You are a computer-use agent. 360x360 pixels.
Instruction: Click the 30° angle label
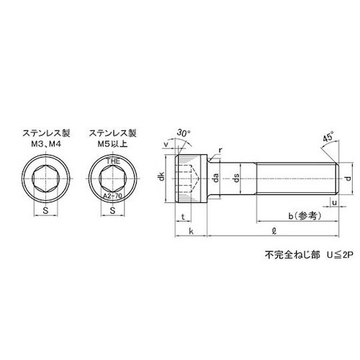pyautogui.click(x=183, y=135)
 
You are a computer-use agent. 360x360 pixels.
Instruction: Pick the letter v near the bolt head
pyautogui.click(x=168, y=143)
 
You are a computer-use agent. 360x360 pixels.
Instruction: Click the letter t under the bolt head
pyautogui.click(x=184, y=218)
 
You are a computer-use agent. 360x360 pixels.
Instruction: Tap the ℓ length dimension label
pyautogui.click(x=271, y=232)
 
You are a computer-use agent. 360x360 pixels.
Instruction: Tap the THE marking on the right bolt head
pyautogui.click(x=114, y=163)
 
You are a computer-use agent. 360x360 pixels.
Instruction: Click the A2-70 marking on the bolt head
pyautogui.click(x=113, y=194)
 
